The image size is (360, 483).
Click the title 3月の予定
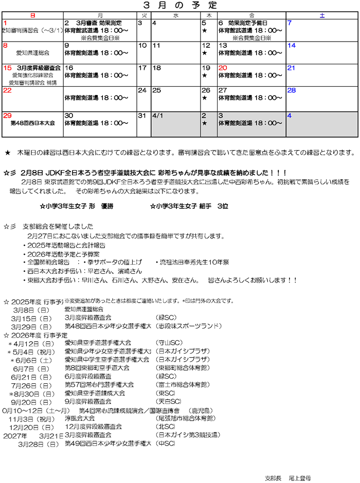pos(179,5)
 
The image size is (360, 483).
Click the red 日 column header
pos(32,16)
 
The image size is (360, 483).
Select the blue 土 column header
pos(322,16)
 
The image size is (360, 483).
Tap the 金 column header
pos(251,16)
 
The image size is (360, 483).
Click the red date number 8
pos(5,46)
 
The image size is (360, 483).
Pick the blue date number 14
pos(291,46)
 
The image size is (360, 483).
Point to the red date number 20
pos(223,68)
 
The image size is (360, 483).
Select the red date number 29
pos(7,116)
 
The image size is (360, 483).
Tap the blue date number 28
pos(291,90)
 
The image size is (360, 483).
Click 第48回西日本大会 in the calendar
pos(32,123)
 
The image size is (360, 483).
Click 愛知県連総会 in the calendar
pos(32,53)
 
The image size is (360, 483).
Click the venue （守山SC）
pos(169,342)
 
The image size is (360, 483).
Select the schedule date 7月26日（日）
pos(31,384)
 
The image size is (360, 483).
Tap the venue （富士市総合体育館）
pos(183,384)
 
